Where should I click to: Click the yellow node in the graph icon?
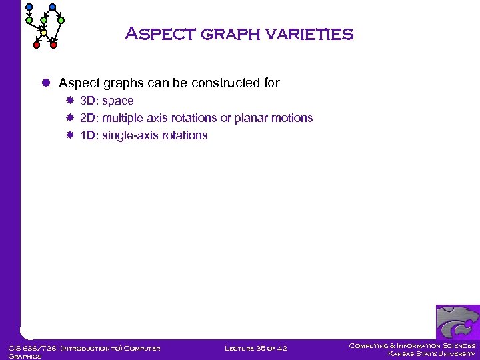pyautogui.click(x=43, y=33)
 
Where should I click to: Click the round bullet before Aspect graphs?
pyautogui.click(x=47, y=83)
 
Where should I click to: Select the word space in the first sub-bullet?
pyautogui.click(x=117, y=101)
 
